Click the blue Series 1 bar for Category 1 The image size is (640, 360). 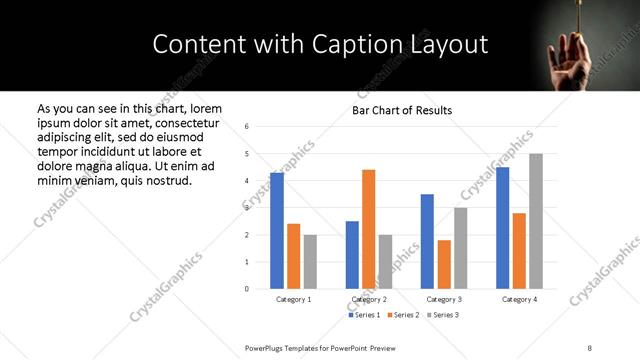(x=277, y=231)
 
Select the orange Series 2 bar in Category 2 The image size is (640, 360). (x=368, y=229)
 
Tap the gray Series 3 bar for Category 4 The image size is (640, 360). (x=536, y=221)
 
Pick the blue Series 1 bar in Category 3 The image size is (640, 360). (x=427, y=241)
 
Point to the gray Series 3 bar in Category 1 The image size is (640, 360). (x=310, y=262)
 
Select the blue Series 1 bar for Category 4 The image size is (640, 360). (x=503, y=228)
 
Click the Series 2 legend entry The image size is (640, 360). (x=403, y=315)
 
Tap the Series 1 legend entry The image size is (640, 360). (x=363, y=315)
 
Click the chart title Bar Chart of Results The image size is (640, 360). (x=403, y=110)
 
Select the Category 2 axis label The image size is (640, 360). (x=369, y=299)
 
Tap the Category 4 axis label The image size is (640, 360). (x=519, y=299)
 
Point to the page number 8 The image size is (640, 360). (x=589, y=347)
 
